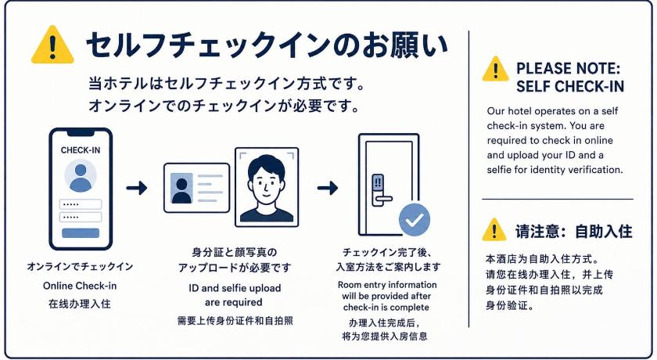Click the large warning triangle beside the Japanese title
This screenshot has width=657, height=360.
coord(52,45)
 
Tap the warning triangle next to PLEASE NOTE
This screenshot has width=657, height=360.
coord(496,69)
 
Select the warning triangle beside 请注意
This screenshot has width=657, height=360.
coord(494,229)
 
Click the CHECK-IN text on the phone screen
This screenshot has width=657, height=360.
coord(81,150)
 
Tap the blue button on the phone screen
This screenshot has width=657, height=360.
coord(81,233)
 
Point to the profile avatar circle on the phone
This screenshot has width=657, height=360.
coord(81,175)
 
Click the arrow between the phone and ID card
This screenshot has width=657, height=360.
coord(137,188)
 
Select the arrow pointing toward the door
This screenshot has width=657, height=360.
coord(328,188)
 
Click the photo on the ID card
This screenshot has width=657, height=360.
coord(181,189)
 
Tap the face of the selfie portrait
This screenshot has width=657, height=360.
coord(266,186)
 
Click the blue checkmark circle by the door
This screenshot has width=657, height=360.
coord(415,220)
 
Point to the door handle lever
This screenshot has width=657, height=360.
coord(383,199)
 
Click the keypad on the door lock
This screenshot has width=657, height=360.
coord(378,182)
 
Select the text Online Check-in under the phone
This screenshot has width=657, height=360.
coord(80,286)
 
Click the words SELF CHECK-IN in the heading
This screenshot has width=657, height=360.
coord(570,86)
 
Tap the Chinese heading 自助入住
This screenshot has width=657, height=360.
coord(603,232)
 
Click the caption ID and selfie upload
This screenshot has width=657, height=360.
coord(235,288)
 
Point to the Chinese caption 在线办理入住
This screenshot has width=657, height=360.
coord(80,304)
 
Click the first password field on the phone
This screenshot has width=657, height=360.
coord(81,204)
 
